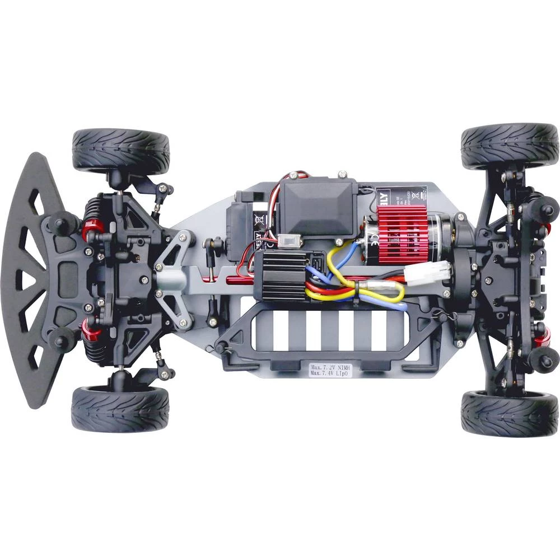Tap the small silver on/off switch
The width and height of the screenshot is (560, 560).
290,241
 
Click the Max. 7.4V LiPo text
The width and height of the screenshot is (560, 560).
330,374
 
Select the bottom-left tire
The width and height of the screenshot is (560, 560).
120,409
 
